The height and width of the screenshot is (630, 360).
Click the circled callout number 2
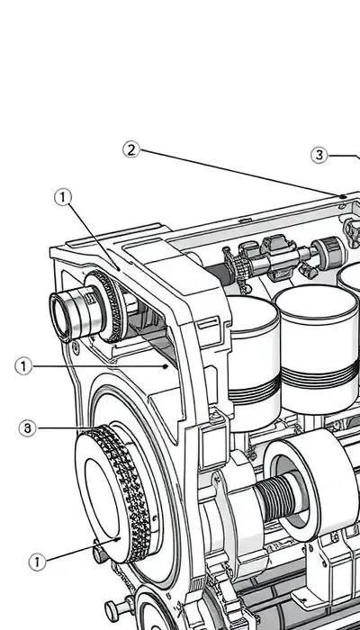[131, 150]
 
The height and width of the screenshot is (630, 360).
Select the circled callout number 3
[319, 155]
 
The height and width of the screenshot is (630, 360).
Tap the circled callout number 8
[27, 428]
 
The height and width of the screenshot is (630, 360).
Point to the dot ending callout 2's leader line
[342, 196]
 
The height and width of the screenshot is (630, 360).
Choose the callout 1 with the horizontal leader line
[23, 366]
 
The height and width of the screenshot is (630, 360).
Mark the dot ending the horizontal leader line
[165, 366]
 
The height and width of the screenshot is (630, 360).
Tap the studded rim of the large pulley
[128, 494]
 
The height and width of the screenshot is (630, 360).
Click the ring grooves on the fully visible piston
[319, 376]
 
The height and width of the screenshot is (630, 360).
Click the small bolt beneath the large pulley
[101, 554]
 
